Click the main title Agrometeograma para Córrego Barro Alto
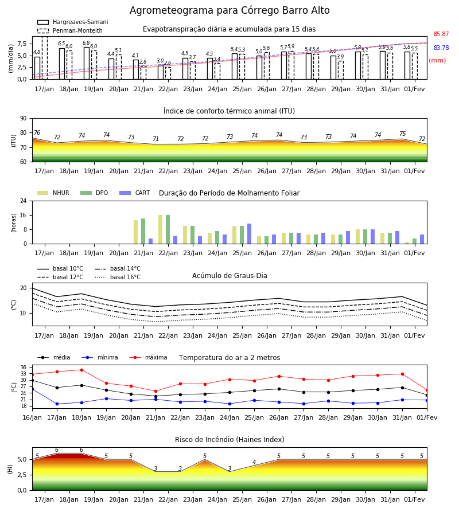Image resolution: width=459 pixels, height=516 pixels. [x=229, y=10]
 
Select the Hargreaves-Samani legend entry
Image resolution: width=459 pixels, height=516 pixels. [x=72, y=22]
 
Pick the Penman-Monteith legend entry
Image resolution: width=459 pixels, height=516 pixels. [x=70, y=30]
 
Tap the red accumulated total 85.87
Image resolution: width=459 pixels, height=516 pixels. [x=441, y=34]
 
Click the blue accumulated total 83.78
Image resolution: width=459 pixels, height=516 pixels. [x=441, y=48]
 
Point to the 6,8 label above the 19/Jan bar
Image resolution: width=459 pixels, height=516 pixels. [x=86, y=43]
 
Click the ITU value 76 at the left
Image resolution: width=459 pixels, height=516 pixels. [x=37, y=132]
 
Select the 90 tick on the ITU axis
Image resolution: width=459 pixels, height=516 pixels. [x=24, y=119]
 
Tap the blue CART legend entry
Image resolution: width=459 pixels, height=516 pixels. [x=134, y=193]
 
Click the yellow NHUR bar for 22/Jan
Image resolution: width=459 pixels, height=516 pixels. [x=160, y=229]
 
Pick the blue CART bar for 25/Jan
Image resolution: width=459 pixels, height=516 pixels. [x=249, y=234]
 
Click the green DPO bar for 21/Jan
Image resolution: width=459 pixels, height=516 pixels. [x=143, y=231]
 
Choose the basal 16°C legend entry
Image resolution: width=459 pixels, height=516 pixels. [x=118, y=277]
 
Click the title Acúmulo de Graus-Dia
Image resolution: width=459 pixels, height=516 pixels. [x=229, y=276]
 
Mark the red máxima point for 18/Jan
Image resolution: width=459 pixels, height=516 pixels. [x=81, y=370]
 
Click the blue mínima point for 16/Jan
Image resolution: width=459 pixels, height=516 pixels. [x=32, y=389]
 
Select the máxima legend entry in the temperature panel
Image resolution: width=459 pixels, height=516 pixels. [x=148, y=357]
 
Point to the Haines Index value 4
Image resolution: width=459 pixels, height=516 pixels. [x=254, y=462]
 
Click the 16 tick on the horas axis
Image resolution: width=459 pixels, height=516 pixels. [x=24, y=215]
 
